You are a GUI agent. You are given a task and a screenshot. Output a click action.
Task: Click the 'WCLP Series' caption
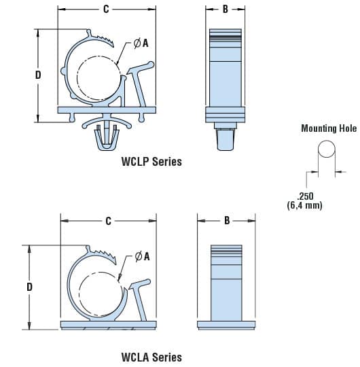(151, 162)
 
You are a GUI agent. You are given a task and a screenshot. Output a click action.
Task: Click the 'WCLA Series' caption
(151, 357)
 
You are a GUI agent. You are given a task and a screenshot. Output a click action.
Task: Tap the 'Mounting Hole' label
(329, 128)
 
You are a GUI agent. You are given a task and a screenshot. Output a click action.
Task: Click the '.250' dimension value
(305, 196)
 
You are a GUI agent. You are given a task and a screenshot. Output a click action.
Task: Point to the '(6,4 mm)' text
(304, 205)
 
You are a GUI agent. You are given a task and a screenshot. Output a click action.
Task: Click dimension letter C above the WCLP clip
(106, 9)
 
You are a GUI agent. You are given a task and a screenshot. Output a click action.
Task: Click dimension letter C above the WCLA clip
(108, 221)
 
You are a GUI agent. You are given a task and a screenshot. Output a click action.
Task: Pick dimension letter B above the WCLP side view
(225, 9)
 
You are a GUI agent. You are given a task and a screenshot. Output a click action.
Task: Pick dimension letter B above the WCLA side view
(227, 220)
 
